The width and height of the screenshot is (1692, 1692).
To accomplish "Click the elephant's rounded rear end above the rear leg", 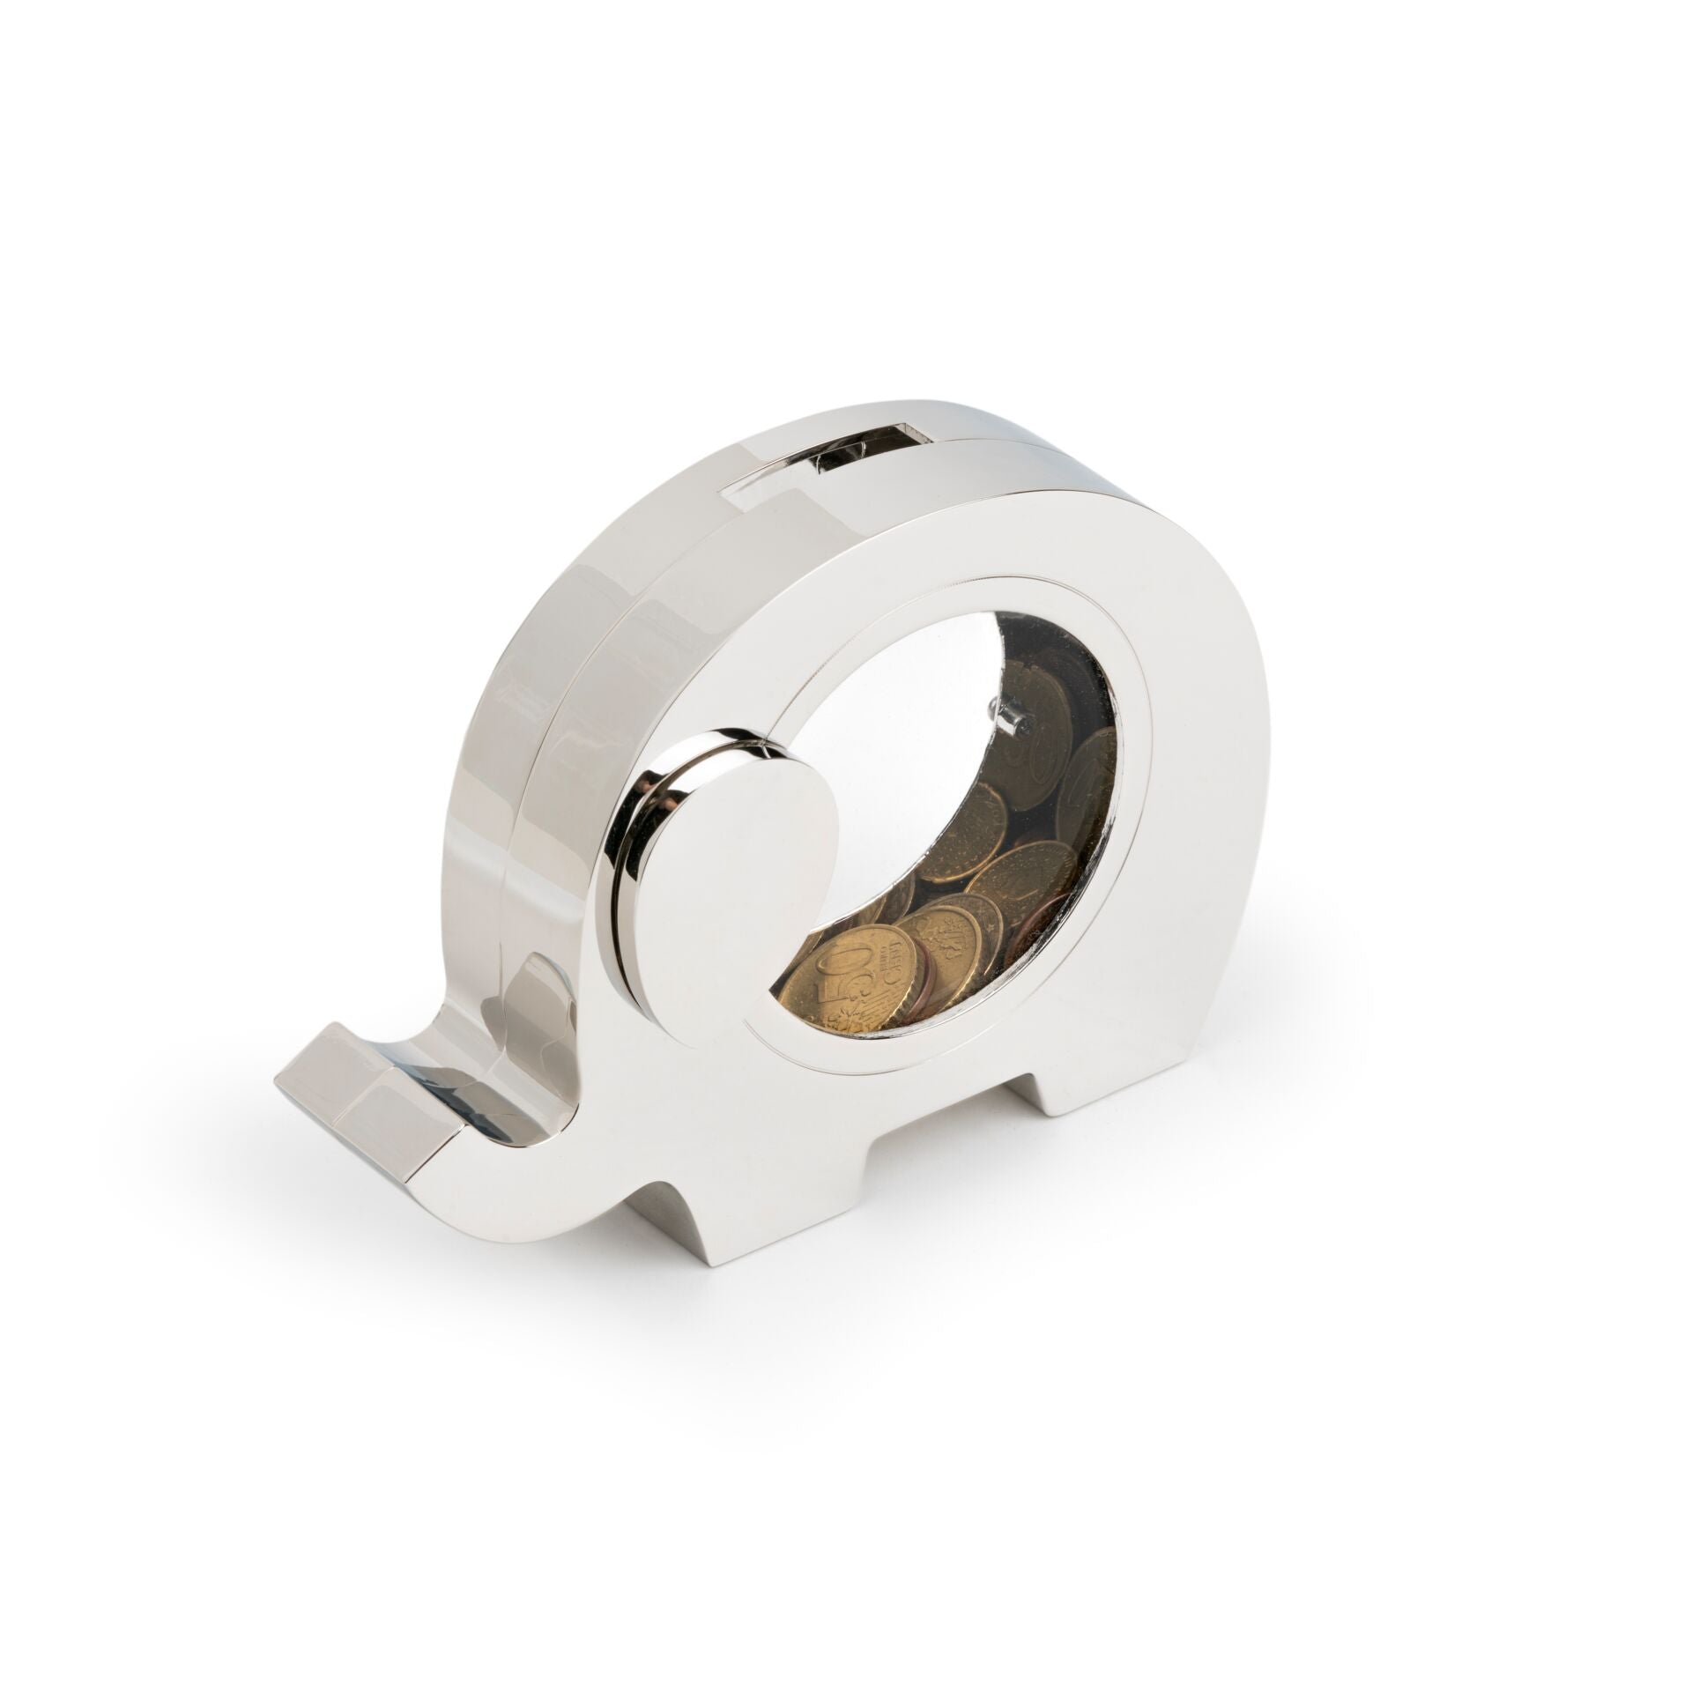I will pyautogui.click(x=1181, y=881).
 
